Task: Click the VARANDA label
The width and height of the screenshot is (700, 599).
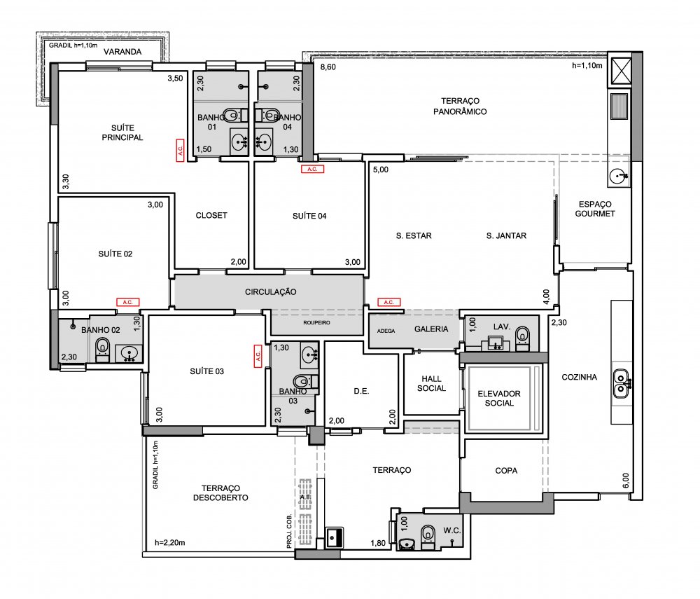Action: (x=122, y=52)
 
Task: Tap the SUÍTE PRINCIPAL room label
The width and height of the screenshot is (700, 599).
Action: (x=122, y=132)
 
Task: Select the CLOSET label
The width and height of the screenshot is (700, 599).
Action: (x=211, y=215)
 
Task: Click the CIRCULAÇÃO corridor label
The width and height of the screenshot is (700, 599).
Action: (x=270, y=291)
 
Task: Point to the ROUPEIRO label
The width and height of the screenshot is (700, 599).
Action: (x=316, y=322)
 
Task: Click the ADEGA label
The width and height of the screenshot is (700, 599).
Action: (x=386, y=331)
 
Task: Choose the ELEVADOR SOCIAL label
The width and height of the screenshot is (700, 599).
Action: (x=499, y=398)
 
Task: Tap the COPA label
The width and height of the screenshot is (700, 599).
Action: (x=506, y=470)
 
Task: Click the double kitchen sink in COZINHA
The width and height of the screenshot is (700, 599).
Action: (x=620, y=383)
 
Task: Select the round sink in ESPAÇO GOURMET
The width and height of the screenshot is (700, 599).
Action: (x=618, y=176)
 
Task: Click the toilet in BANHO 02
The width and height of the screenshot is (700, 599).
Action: (x=102, y=348)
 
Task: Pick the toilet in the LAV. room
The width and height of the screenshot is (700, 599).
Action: (x=522, y=338)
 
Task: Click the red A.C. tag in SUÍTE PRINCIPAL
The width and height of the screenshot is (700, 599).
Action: (x=180, y=150)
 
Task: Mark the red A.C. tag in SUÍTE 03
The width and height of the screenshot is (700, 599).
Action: (x=258, y=356)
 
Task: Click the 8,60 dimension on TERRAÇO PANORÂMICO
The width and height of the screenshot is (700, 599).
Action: (x=328, y=67)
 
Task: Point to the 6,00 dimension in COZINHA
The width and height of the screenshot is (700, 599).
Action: (x=625, y=481)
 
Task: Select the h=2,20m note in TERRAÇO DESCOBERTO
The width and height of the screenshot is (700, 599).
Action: (x=170, y=543)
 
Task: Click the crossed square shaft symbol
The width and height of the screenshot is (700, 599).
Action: (x=621, y=71)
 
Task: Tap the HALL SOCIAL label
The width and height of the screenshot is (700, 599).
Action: (x=431, y=384)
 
